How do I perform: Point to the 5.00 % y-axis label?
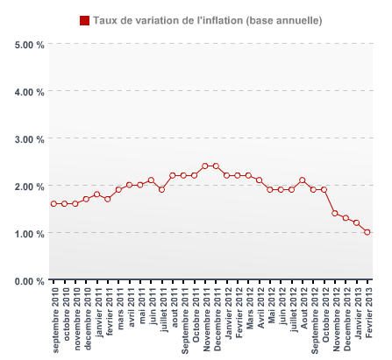pos(30,44)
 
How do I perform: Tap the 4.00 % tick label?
pos(30,91)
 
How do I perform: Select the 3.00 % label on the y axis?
pos(30,138)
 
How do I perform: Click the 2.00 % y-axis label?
pos(30,186)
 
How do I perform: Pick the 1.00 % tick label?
pos(30,233)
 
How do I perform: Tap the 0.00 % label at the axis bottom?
pos(30,280)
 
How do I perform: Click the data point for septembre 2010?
pos(53,204)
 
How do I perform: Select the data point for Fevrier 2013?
pos(367,232)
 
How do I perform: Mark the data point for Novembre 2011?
pos(205,166)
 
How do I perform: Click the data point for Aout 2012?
pos(303,180)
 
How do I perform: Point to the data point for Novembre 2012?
pos(335,213)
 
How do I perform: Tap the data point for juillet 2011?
pos(162,190)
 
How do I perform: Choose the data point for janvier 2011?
pos(97,194)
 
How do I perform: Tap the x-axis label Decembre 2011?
pos(217,320)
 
